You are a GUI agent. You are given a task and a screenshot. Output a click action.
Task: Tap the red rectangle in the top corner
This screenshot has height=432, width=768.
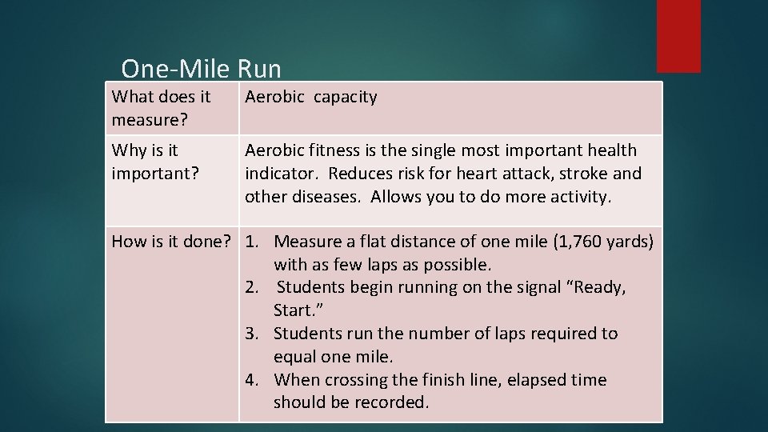tap(678, 36)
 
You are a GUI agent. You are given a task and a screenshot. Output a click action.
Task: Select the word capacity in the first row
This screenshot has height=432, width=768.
tap(345, 98)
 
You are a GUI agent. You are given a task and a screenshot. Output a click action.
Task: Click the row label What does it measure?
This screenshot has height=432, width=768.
tap(161, 108)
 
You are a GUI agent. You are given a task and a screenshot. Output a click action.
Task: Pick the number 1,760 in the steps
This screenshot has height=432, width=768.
tap(589, 241)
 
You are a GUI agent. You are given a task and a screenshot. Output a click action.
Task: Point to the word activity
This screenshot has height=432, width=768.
tap(580, 197)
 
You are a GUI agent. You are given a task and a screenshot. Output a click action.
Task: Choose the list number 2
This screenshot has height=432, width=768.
tap(253, 287)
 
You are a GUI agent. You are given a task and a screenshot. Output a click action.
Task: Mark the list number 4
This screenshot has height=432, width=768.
tap(253, 380)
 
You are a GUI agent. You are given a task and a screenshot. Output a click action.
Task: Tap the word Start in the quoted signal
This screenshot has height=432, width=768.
tap(293, 310)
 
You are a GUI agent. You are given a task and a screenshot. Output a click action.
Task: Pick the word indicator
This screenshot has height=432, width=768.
tap(280, 174)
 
